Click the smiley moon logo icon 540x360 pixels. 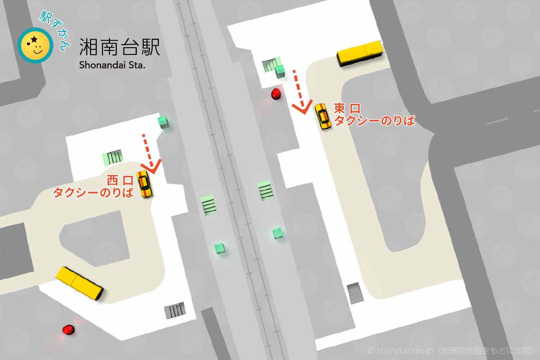coord(35,45)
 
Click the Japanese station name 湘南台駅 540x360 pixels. coord(119,47)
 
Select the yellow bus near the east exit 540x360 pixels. coord(360,54)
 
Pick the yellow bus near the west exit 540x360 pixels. coord(80,283)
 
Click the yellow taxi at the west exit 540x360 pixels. coord(144,184)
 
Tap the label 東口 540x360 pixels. coord(347,108)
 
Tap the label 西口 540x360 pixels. coord(120,181)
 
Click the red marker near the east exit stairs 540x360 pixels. coord(276,94)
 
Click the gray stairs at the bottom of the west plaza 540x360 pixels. coord(175,310)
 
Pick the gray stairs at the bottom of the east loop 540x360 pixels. coord(355,293)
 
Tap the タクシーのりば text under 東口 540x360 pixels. coord(374,120)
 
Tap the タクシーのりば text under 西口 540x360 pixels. coord(94,193)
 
